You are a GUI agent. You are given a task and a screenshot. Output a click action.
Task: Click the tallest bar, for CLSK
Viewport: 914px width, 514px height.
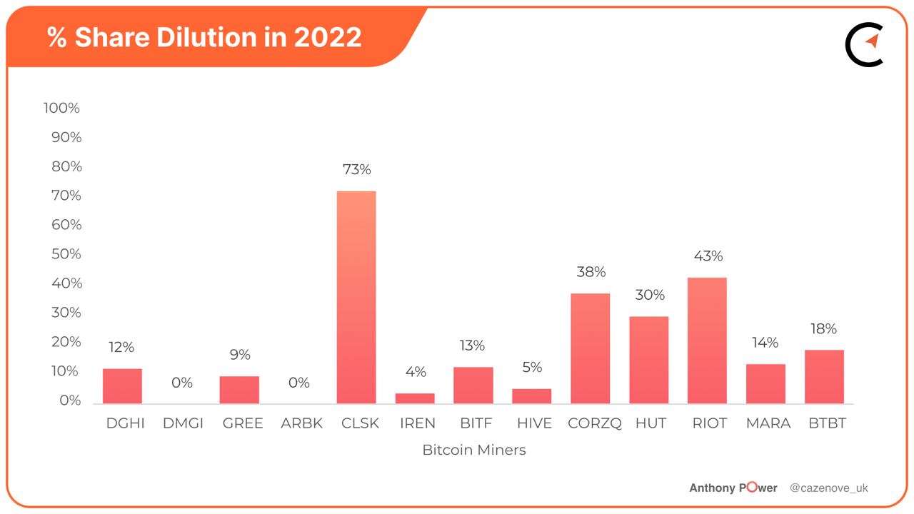tap(356, 297)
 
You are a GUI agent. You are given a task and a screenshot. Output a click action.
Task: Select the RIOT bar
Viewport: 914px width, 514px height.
tap(707, 341)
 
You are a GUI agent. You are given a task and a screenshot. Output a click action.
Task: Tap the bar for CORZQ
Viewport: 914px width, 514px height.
tap(590, 348)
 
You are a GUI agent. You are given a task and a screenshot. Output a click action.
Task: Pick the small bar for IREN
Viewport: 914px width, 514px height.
tap(415, 398)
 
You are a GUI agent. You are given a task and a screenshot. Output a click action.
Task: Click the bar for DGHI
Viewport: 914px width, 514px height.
tap(122, 386)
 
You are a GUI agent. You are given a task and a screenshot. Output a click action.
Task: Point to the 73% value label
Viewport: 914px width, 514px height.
tap(356, 170)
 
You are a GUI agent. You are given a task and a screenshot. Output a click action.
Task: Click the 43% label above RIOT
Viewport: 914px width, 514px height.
tap(708, 256)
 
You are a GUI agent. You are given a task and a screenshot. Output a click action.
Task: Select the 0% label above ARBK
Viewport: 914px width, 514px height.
tap(298, 383)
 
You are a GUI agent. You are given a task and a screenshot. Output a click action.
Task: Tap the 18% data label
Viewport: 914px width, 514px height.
tap(824, 328)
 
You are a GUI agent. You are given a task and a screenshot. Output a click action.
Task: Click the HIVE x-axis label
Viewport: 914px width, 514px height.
tap(534, 423)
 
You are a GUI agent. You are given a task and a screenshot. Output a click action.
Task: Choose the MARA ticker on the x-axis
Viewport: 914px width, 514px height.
tap(768, 423)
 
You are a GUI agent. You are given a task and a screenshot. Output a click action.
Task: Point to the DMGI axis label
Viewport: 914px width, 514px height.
tap(183, 423)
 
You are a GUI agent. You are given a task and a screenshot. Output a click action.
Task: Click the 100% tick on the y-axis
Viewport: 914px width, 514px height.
tap(61, 108)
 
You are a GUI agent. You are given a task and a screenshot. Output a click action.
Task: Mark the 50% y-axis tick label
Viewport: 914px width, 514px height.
tap(64, 254)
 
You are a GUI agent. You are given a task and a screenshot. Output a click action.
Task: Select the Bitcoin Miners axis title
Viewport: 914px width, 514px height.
tap(473, 450)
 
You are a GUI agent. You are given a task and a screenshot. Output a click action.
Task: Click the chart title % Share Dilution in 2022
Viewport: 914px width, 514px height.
tap(204, 37)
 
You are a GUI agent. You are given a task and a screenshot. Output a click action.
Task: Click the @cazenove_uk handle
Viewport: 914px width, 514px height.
tap(828, 488)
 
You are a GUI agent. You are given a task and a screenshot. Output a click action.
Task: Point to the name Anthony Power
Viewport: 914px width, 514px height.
tap(733, 488)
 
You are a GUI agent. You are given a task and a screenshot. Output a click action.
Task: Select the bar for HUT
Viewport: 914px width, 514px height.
tap(648, 360)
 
